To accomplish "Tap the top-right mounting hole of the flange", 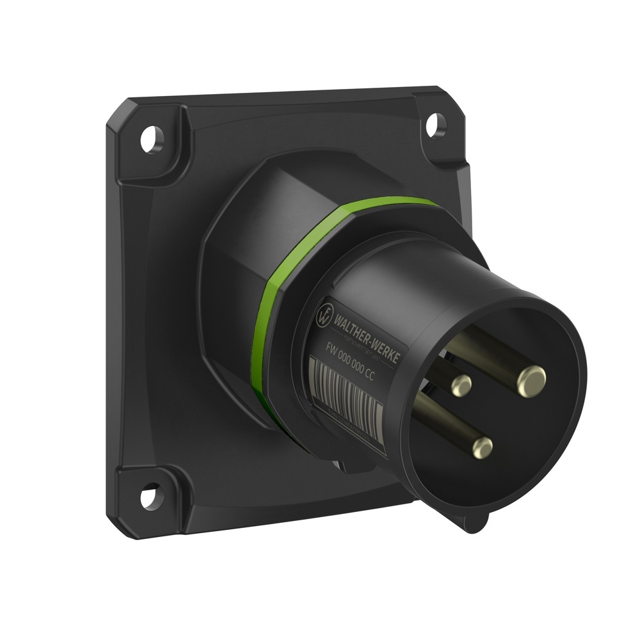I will pyautogui.click(x=436, y=121).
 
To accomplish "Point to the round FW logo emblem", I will pyautogui.click(x=325, y=314).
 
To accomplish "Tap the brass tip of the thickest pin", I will pyautogui.click(x=531, y=378).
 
